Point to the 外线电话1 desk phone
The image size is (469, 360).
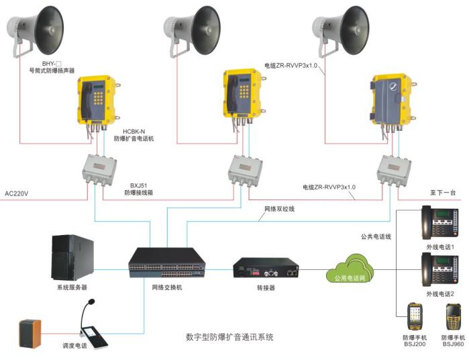(x=439, y=222)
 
